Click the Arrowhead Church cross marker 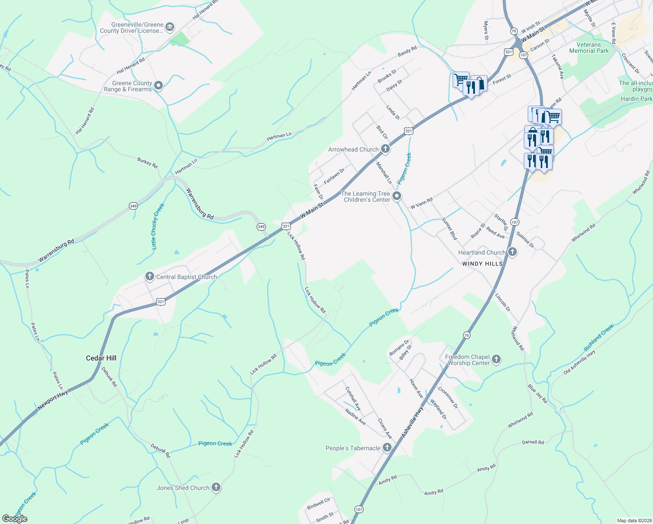pyautogui.click(x=385, y=149)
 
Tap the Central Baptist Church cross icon pyautogui.click(x=150, y=276)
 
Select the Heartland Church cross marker pyautogui.click(x=512, y=252)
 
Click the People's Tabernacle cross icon pyautogui.click(x=387, y=448)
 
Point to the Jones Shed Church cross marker pyautogui.click(x=216, y=487)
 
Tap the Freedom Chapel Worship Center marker pyautogui.click(x=496, y=360)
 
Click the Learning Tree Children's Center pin pyautogui.click(x=397, y=196)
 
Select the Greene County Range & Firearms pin pyautogui.click(x=158, y=86)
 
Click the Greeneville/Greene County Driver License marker pyautogui.click(x=170, y=28)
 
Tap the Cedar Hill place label pyautogui.click(x=101, y=358)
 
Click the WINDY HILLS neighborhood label pyautogui.click(x=482, y=264)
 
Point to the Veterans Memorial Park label pyautogui.click(x=589, y=48)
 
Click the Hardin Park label pyautogui.click(x=636, y=99)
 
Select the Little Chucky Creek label pyautogui.click(x=158, y=226)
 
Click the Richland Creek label pyautogui.click(x=599, y=337)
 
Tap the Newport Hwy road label pyautogui.click(x=52, y=400)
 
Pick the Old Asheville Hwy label pyautogui.click(x=579, y=362)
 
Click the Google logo pyautogui.click(x=15, y=518)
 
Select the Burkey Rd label pyautogui.click(x=147, y=163)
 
